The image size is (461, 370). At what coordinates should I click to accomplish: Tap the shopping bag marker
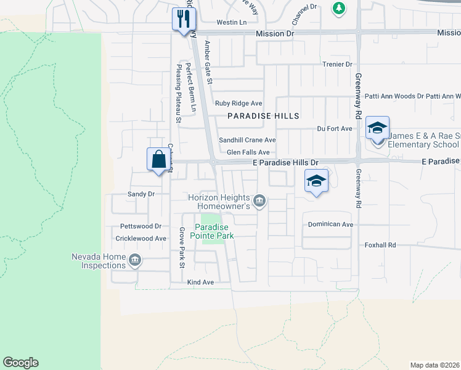pyautogui.click(x=158, y=159)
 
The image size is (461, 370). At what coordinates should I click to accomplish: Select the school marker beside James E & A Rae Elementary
pyautogui.click(x=377, y=128)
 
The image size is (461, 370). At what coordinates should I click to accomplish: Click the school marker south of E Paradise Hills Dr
pyautogui.click(x=316, y=181)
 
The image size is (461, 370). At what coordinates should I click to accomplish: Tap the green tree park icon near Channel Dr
pyautogui.click(x=338, y=8)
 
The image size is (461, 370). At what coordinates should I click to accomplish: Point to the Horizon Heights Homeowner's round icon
pyautogui.click(x=259, y=200)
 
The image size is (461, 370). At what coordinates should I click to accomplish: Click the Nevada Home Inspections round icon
pyautogui.click(x=136, y=261)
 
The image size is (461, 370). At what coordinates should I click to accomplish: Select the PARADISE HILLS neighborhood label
pyautogui.click(x=263, y=116)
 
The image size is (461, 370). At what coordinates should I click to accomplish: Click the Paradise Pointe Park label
pyautogui.click(x=211, y=231)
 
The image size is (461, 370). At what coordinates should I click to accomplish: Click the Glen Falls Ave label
pyautogui.click(x=248, y=152)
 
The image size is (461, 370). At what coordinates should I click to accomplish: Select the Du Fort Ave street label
pyautogui.click(x=334, y=128)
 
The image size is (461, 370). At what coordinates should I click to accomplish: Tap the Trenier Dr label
pyautogui.click(x=337, y=64)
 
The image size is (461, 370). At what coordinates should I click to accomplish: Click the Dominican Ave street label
pyautogui.click(x=330, y=224)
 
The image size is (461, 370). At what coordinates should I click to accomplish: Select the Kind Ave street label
pyautogui.click(x=200, y=282)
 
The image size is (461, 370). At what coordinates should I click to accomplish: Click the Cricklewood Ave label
pyautogui.click(x=141, y=238)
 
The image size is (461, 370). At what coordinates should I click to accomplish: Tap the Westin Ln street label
pyautogui.click(x=231, y=22)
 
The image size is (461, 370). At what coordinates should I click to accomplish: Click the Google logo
pyautogui.click(x=20, y=363)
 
